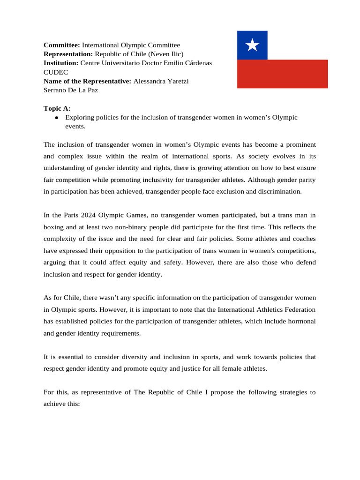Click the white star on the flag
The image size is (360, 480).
pyautogui.click(x=252, y=45)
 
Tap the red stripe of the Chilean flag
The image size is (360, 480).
pyautogui.click(x=282, y=74)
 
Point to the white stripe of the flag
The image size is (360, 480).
pyautogui.click(x=297, y=45)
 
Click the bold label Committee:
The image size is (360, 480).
pyautogui.click(x=62, y=45)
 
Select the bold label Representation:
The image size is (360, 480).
pyautogui.click(x=68, y=54)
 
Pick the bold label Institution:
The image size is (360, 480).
pyautogui.click(x=61, y=63)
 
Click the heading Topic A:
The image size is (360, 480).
pyautogui.click(x=57, y=108)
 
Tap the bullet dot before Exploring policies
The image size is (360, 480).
pyautogui.click(x=56, y=118)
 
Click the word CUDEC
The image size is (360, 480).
pyautogui.click(x=55, y=72)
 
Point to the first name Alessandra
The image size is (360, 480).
pyautogui.click(x=150, y=81)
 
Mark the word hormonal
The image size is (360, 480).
pyautogui.click(x=300, y=321)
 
